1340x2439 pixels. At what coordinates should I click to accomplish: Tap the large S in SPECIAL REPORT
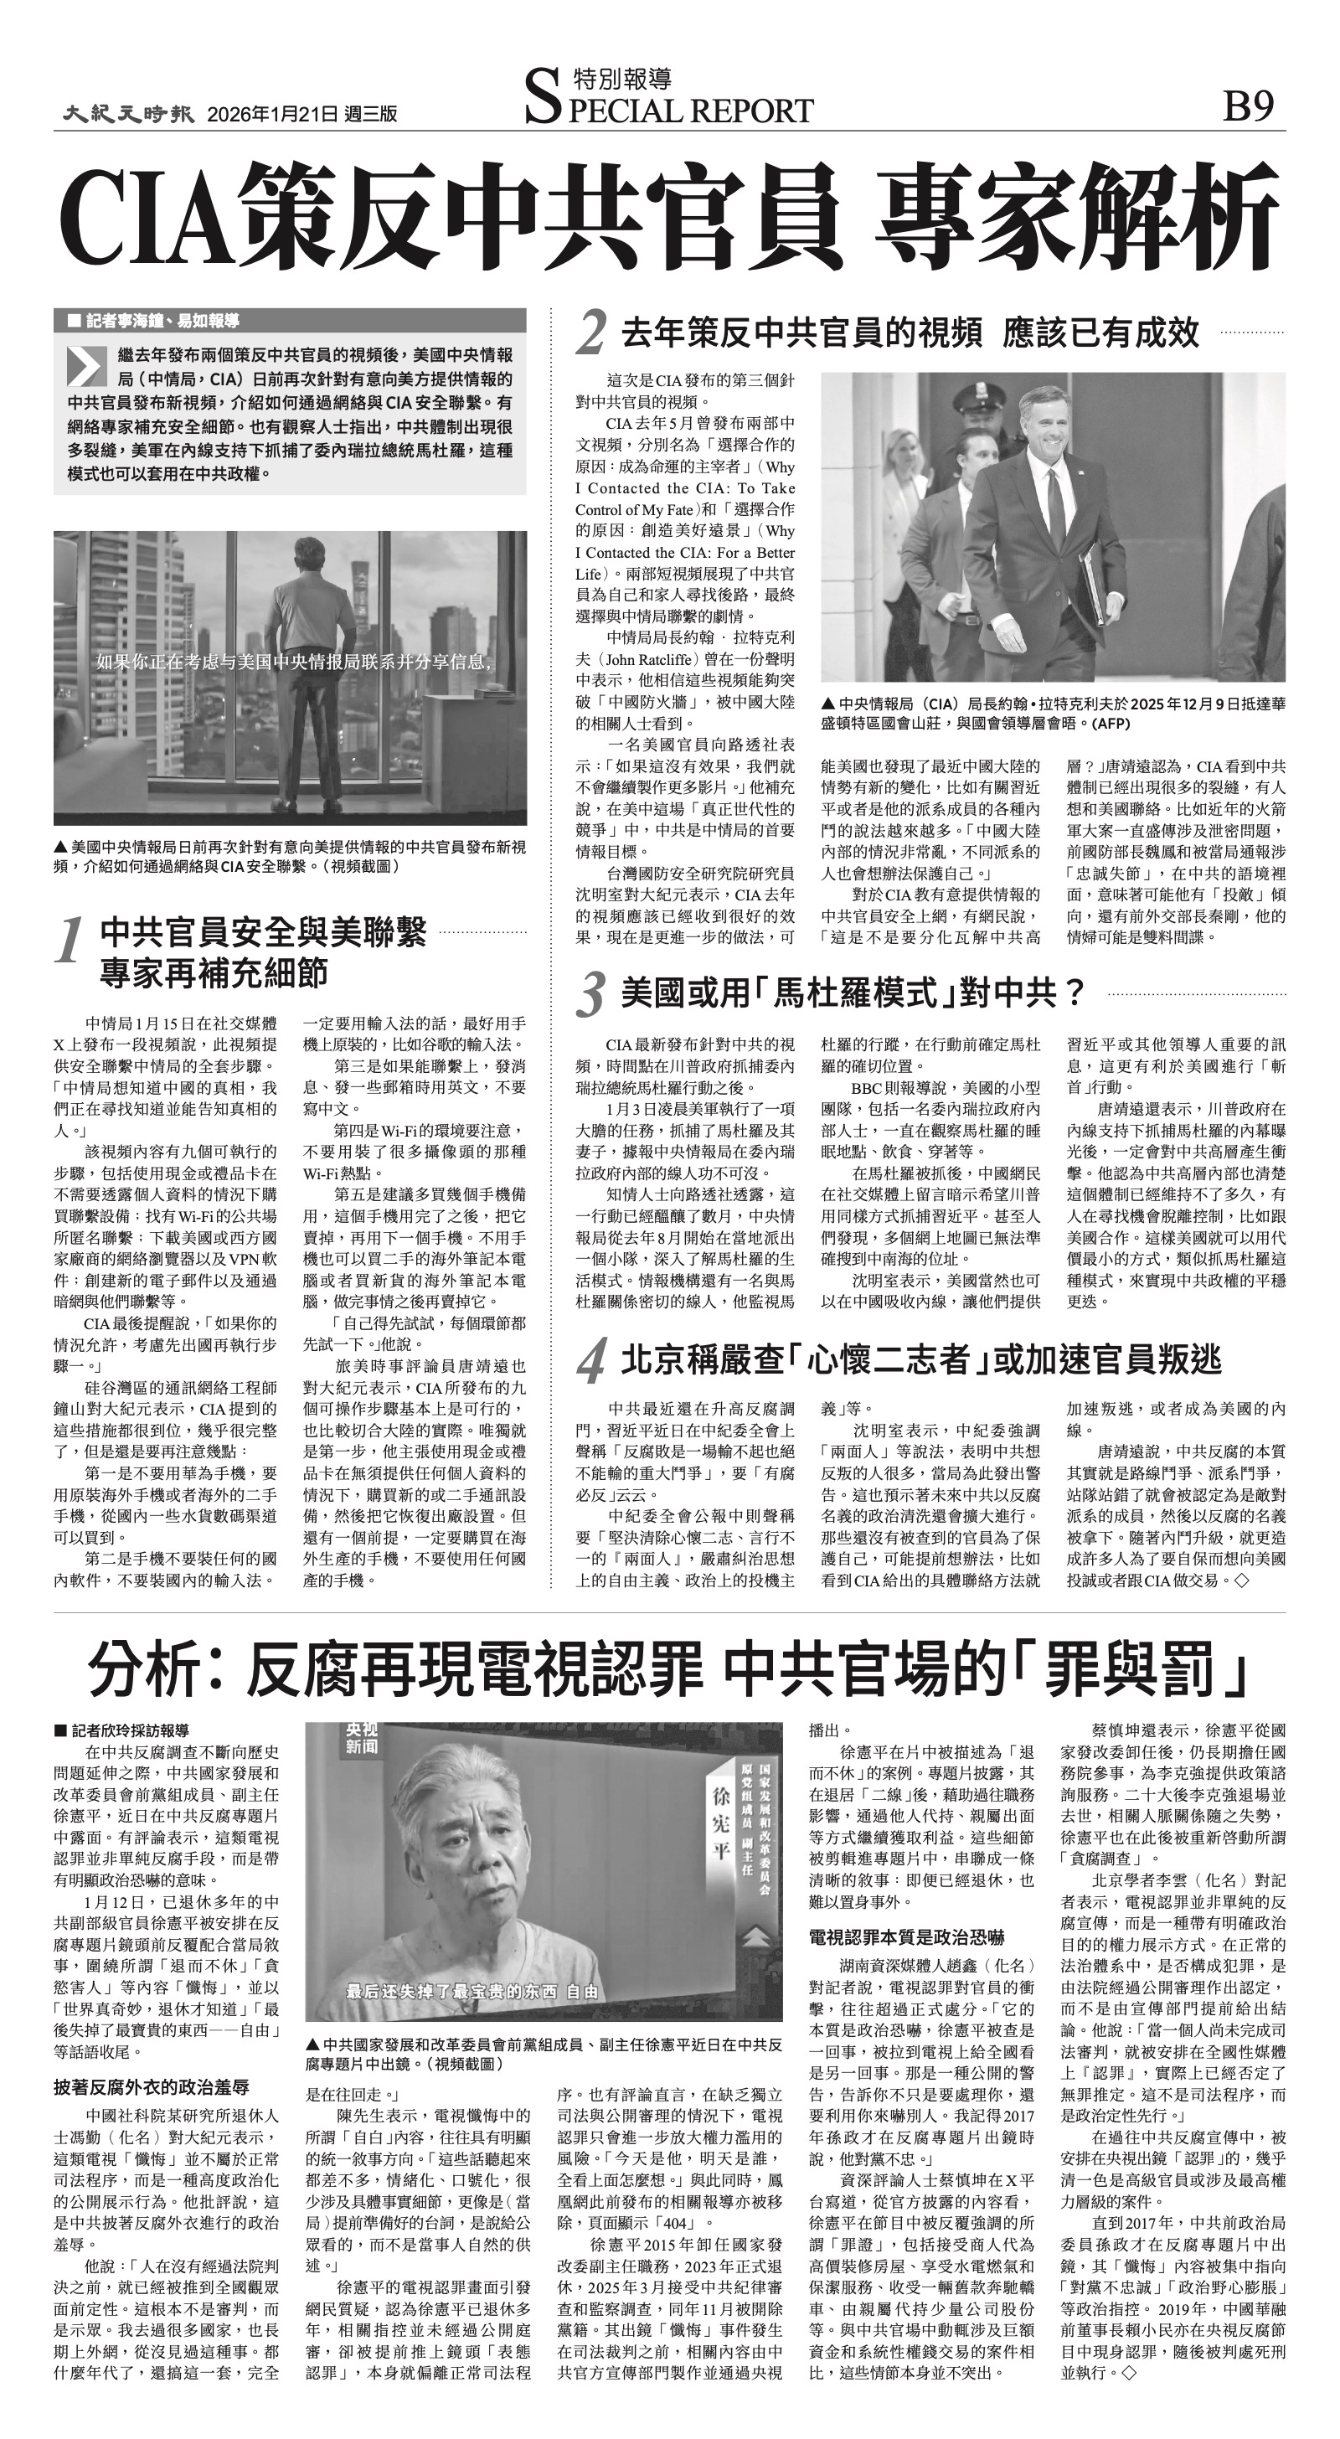[542, 101]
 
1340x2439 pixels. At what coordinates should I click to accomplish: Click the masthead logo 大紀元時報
[129, 114]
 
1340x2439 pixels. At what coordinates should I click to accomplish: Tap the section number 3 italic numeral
[592, 996]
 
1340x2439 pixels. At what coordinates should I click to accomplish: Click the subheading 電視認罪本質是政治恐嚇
[906, 1934]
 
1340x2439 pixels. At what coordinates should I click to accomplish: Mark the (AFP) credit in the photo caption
[1110, 724]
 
